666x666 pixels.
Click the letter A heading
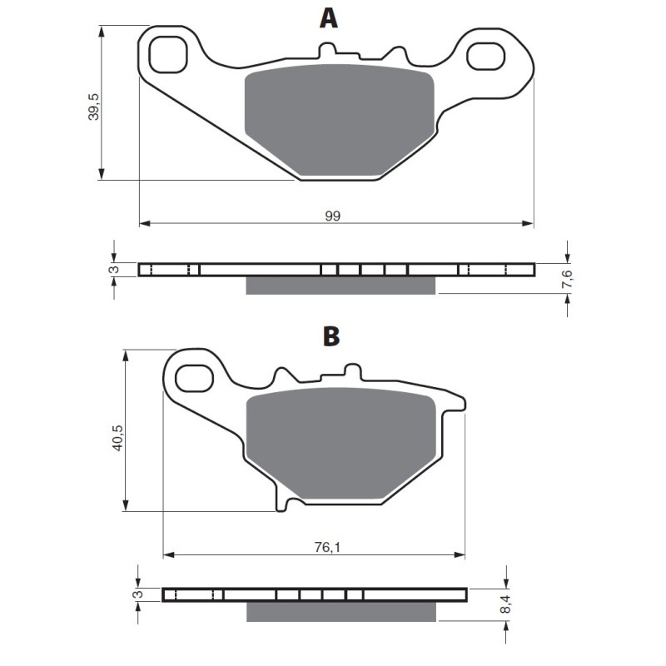[x=328, y=18]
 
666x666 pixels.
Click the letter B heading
[x=331, y=336]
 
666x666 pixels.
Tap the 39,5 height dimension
[x=94, y=107]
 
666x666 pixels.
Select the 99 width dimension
[x=332, y=216]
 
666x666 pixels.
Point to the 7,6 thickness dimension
[x=567, y=279]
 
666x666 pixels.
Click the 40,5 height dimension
[x=117, y=438]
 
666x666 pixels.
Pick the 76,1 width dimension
[x=327, y=547]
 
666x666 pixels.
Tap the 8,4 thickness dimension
[x=506, y=604]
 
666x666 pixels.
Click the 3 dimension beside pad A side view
[x=113, y=269]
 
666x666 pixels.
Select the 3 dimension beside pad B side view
[x=138, y=594]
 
